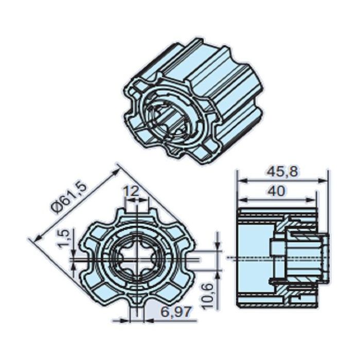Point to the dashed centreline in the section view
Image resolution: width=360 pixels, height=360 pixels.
[257, 257]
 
